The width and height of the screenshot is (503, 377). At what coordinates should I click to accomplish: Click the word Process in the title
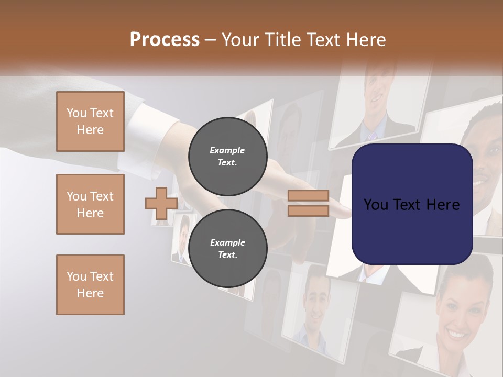pos(165,40)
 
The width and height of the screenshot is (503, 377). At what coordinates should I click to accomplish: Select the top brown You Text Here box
pos(90,121)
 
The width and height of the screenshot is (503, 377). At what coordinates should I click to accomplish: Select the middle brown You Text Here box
pos(90,204)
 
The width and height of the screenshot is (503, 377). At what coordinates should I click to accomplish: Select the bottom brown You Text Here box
pos(90,285)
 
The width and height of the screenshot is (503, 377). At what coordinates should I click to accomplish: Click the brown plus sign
pos(161,203)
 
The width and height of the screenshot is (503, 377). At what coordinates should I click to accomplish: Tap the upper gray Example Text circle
pos(227,157)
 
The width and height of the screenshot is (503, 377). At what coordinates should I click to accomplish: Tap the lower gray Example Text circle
pos(227,249)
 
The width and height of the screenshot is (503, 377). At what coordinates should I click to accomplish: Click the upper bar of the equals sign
pos(309,196)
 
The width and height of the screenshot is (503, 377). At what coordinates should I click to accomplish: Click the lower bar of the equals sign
pos(309,210)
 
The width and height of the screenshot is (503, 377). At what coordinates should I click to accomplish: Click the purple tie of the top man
pos(373,136)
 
